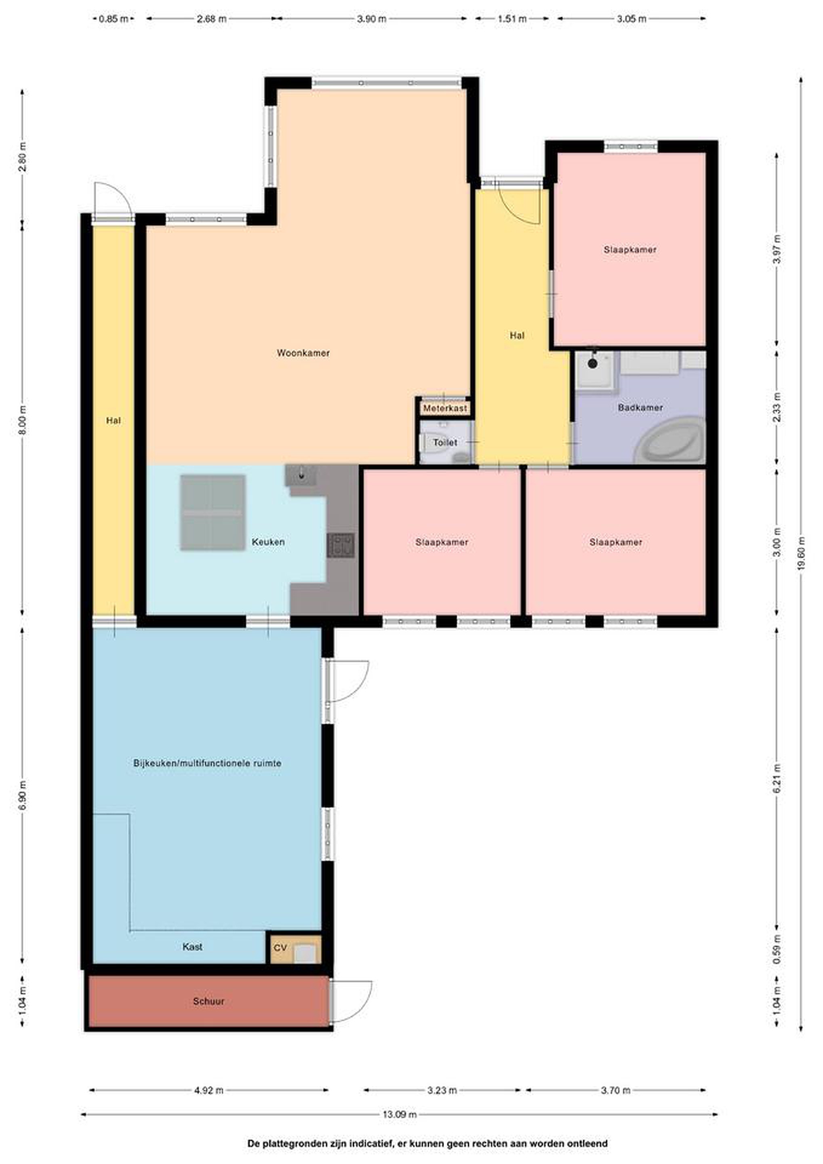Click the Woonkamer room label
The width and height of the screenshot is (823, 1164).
tap(303, 353)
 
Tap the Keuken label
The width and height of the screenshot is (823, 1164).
tap(268, 542)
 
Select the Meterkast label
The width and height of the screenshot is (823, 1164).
tap(445, 408)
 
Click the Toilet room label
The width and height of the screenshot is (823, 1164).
tap(445, 443)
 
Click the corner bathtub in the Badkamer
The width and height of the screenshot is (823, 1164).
tap(670, 440)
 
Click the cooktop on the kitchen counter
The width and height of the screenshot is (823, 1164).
tap(341, 545)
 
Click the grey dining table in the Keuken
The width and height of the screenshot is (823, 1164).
tap(213, 512)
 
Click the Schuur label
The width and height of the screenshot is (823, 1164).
tap(208, 1001)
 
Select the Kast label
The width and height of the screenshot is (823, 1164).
tap(193, 947)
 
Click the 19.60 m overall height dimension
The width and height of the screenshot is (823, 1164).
tap(801, 554)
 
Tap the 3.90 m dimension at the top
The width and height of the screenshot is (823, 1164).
tap(371, 19)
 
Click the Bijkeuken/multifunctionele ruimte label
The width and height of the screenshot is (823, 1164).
tap(207, 763)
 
